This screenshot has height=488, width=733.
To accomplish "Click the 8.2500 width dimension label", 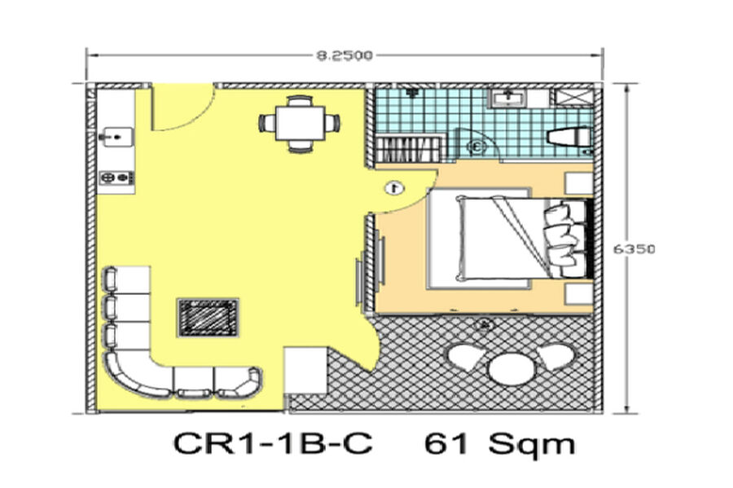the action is (x=345, y=55).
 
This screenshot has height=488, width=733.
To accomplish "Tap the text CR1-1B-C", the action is (x=273, y=443).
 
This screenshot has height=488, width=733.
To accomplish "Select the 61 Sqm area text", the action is (x=500, y=443).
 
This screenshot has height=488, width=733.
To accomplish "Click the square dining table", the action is (x=300, y=123).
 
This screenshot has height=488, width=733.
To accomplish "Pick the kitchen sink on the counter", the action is (x=115, y=137).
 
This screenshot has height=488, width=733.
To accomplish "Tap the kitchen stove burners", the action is (x=116, y=178).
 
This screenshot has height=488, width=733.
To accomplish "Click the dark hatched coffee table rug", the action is (x=208, y=318).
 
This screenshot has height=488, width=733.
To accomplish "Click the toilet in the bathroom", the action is (x=569, y=137).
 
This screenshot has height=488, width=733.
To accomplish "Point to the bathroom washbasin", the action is (x=507, y=98).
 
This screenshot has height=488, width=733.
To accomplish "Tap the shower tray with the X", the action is (x=573, y=98).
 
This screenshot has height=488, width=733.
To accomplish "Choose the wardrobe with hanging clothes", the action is (x=408, y=149).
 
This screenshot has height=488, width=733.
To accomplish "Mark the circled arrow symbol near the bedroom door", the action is (x=395, y=188).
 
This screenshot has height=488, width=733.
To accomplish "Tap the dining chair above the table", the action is (x=300, y=101).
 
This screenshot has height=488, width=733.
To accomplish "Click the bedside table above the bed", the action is (x=579, y=183).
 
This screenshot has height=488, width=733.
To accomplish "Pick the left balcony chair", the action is (x=465, y=357).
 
